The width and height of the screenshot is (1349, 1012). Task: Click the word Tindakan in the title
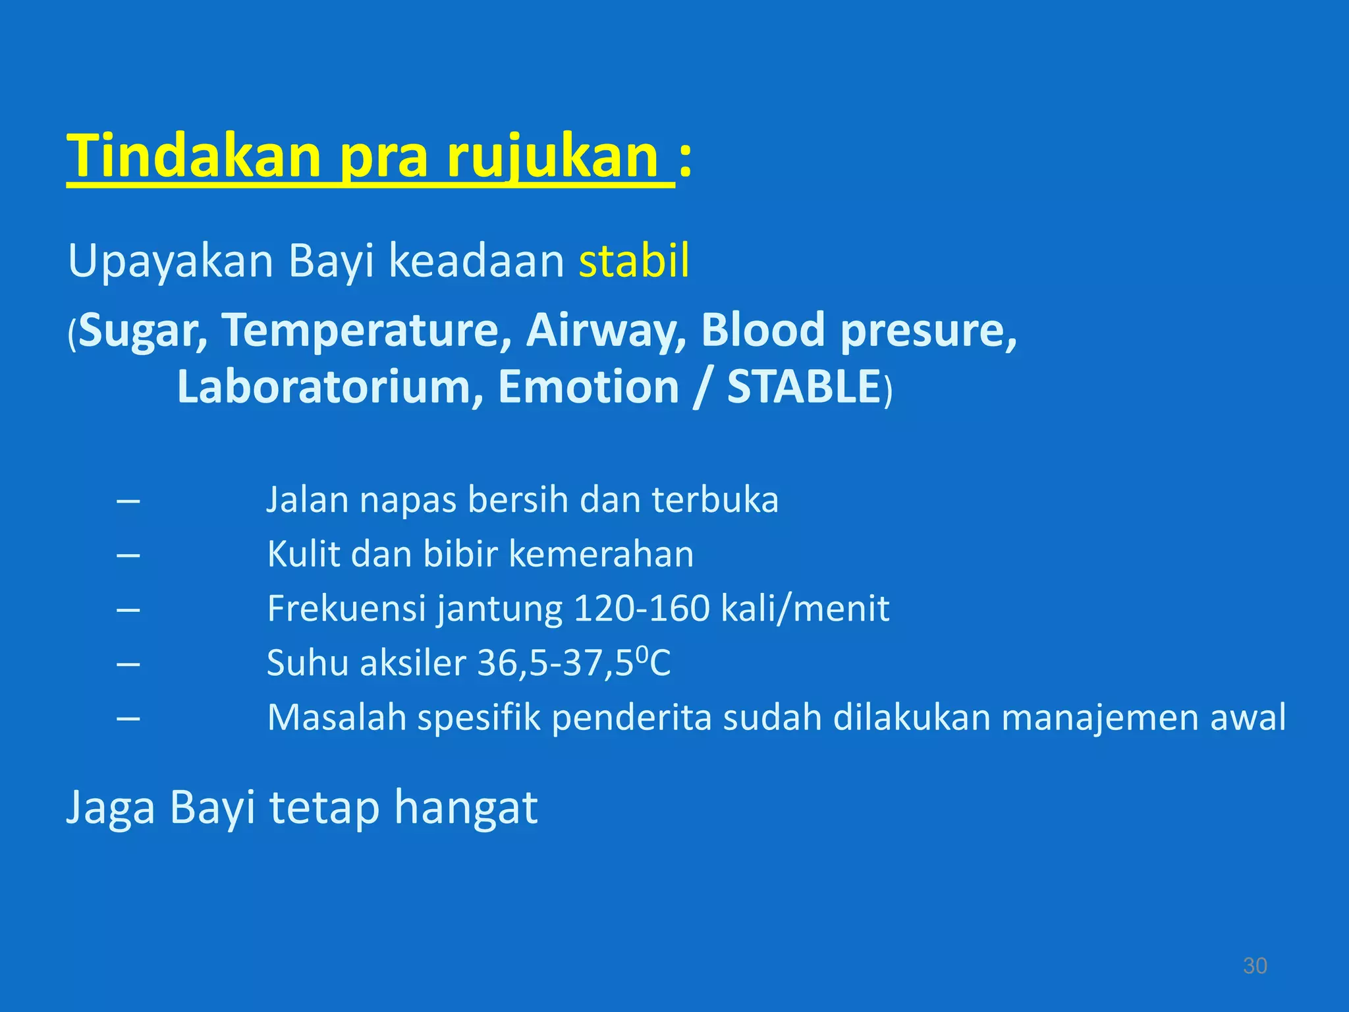[194, 157]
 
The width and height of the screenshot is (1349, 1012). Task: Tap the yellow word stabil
[634, 261]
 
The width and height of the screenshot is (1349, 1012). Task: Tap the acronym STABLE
[804, 387]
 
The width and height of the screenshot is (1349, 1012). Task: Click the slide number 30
[1254, 966]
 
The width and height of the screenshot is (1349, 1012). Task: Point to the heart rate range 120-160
[642, 608]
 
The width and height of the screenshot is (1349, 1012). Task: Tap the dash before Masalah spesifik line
[128, 718]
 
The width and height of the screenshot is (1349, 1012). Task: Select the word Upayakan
[171, 261]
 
